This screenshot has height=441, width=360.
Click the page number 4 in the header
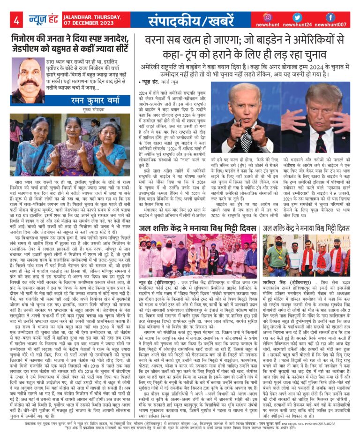point(16,21)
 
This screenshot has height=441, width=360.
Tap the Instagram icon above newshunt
point(267,17)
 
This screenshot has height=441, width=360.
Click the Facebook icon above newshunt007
point(330,17)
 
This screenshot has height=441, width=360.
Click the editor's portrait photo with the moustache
point(28,80)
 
